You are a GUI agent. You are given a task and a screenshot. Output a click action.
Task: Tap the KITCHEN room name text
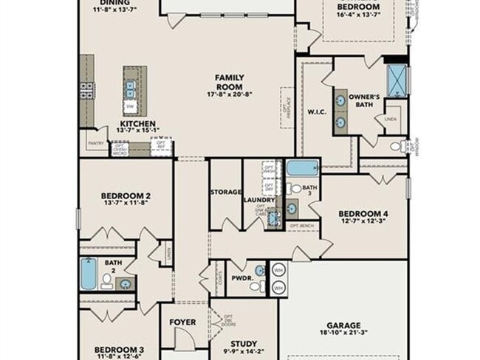(x=138, y=124)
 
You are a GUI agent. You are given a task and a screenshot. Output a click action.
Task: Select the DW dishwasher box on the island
(x=130, y=106)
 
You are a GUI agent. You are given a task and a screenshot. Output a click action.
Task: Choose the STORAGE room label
(x=225, y=192)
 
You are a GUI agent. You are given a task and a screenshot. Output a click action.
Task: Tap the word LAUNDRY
(x=260, y=200)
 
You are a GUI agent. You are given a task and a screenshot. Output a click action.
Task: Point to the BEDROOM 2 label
(x=126, y=195)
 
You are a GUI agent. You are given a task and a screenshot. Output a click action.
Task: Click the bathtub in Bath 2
(x=89, y=274)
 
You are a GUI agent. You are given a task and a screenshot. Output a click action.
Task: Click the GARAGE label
(x=344, y=325)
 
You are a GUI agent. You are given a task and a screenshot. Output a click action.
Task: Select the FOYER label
(x=182, y=322)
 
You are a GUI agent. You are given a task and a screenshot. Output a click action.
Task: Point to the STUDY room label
(x=243, y=343)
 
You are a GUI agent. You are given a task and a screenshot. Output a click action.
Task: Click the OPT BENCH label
(x=303, y=225)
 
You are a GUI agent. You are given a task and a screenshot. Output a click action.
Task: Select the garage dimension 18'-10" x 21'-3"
(x=344, y=334)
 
